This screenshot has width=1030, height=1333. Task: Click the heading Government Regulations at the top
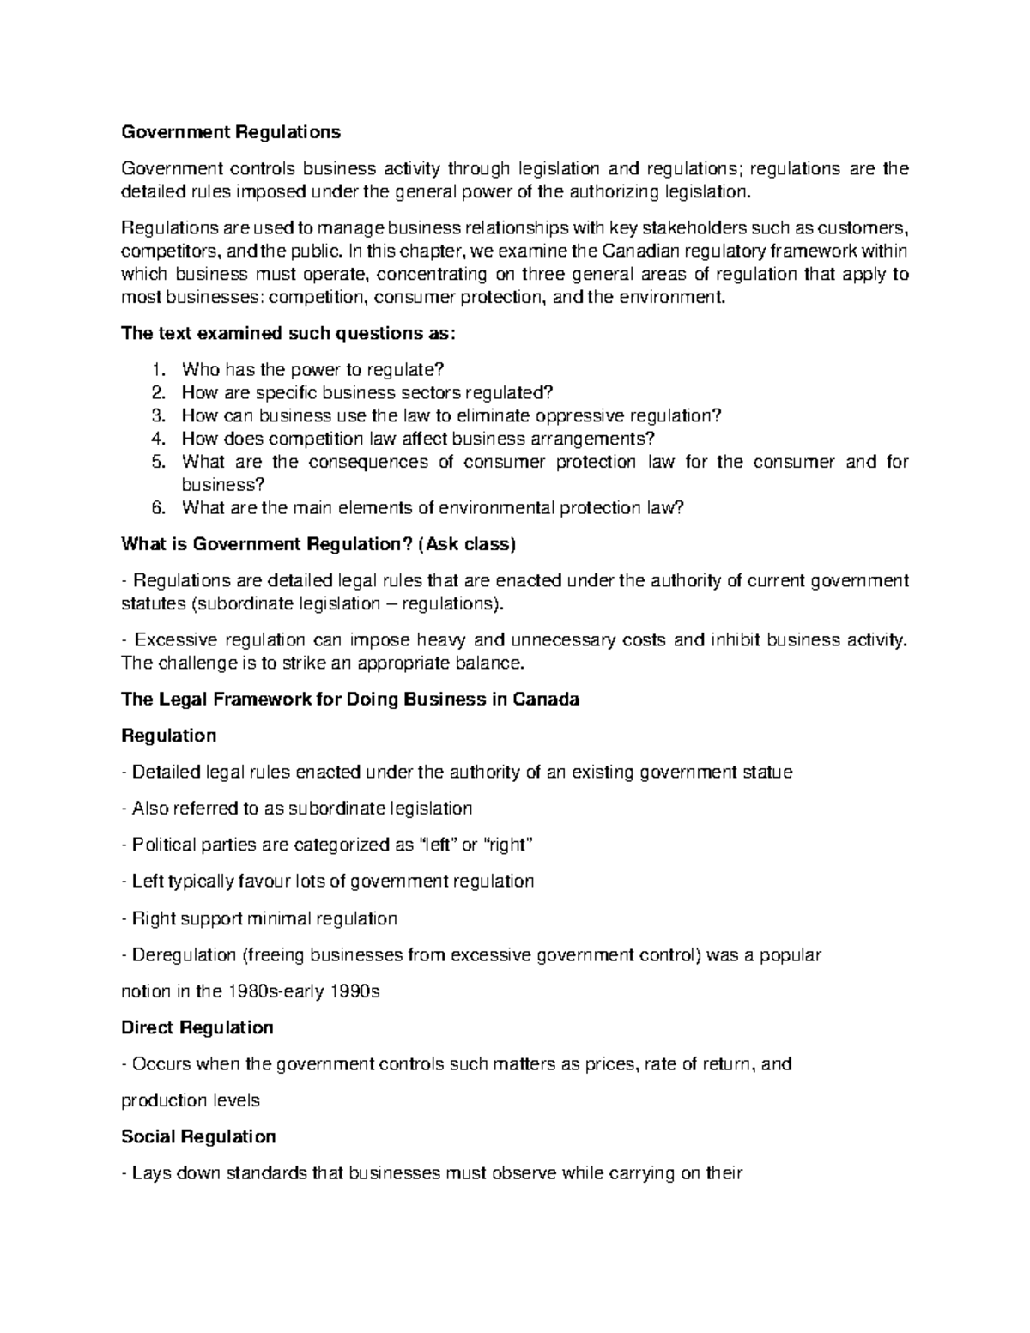pyautogui.click(x=231, y=132)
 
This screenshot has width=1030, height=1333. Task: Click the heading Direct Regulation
pyautogui.click(x=197, y=1027)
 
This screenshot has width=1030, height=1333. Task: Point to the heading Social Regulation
pyautogui.click(x=198, y=1136)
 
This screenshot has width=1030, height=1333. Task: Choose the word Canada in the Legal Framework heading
pyautogui.click(x=546, y=699)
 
